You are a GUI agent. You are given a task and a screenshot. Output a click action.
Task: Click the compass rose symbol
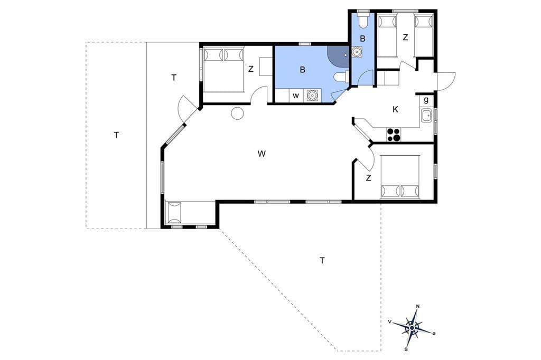point(412,328)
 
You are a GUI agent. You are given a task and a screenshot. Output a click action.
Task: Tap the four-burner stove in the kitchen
point(393,135)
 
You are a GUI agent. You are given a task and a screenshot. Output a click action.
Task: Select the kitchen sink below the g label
point(426,115)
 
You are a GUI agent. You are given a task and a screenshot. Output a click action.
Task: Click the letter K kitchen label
point(395,110)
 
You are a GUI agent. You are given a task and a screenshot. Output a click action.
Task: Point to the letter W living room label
point(262,154)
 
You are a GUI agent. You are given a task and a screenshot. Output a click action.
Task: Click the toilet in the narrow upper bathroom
point(362,21)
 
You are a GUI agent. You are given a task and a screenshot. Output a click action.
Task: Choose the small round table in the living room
point(237,113)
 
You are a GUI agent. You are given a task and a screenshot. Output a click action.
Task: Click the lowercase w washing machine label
point(296,96)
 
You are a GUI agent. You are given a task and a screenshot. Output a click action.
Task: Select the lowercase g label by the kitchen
point(426,100)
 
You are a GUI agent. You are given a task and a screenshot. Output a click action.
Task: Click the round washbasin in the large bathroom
point(312,95)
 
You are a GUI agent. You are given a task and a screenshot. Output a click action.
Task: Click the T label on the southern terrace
point(322,260)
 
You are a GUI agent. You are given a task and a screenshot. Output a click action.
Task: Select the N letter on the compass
point(418,306)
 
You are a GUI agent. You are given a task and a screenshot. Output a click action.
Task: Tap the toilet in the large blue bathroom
point(342,77)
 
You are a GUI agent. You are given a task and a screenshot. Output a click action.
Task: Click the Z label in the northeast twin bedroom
point(405,37)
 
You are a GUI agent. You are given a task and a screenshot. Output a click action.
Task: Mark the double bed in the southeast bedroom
point(400,177)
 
